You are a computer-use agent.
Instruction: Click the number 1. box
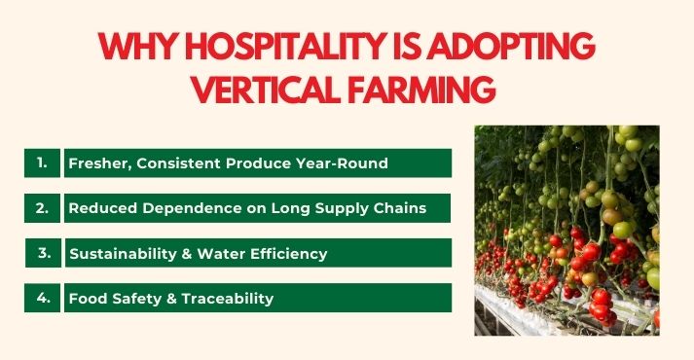coord(43,162)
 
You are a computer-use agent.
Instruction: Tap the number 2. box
coord(43,207)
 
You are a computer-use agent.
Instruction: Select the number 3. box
coord(43,252)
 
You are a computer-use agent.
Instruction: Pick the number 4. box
coord(43,298)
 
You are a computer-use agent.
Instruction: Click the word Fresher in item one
coord(98,163)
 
